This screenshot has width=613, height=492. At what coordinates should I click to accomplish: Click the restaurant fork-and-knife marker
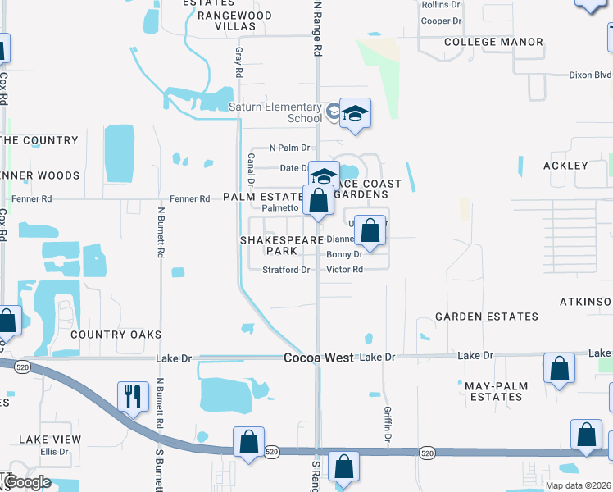pos(130,397)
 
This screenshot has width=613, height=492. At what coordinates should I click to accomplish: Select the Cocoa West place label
pos(319,358)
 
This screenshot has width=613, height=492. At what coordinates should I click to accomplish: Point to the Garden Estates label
pos(486,316)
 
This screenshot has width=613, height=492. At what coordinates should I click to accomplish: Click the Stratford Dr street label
pos(286,270)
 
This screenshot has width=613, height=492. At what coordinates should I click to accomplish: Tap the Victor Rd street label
pos(344,270)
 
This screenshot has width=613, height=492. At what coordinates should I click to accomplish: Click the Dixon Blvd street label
pos(590,75)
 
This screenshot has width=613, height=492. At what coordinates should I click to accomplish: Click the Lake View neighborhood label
pos(50,440)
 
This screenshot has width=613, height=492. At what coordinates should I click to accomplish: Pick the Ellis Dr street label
pos(54,452)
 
